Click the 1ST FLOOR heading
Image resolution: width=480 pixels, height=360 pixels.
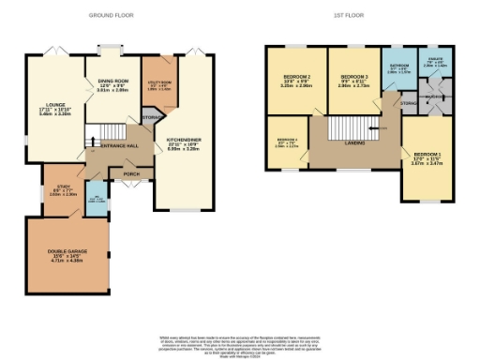click(348, 16)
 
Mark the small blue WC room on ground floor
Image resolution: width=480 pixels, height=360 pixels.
click(97, 200)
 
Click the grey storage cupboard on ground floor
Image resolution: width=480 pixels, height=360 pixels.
click(149, 117)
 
